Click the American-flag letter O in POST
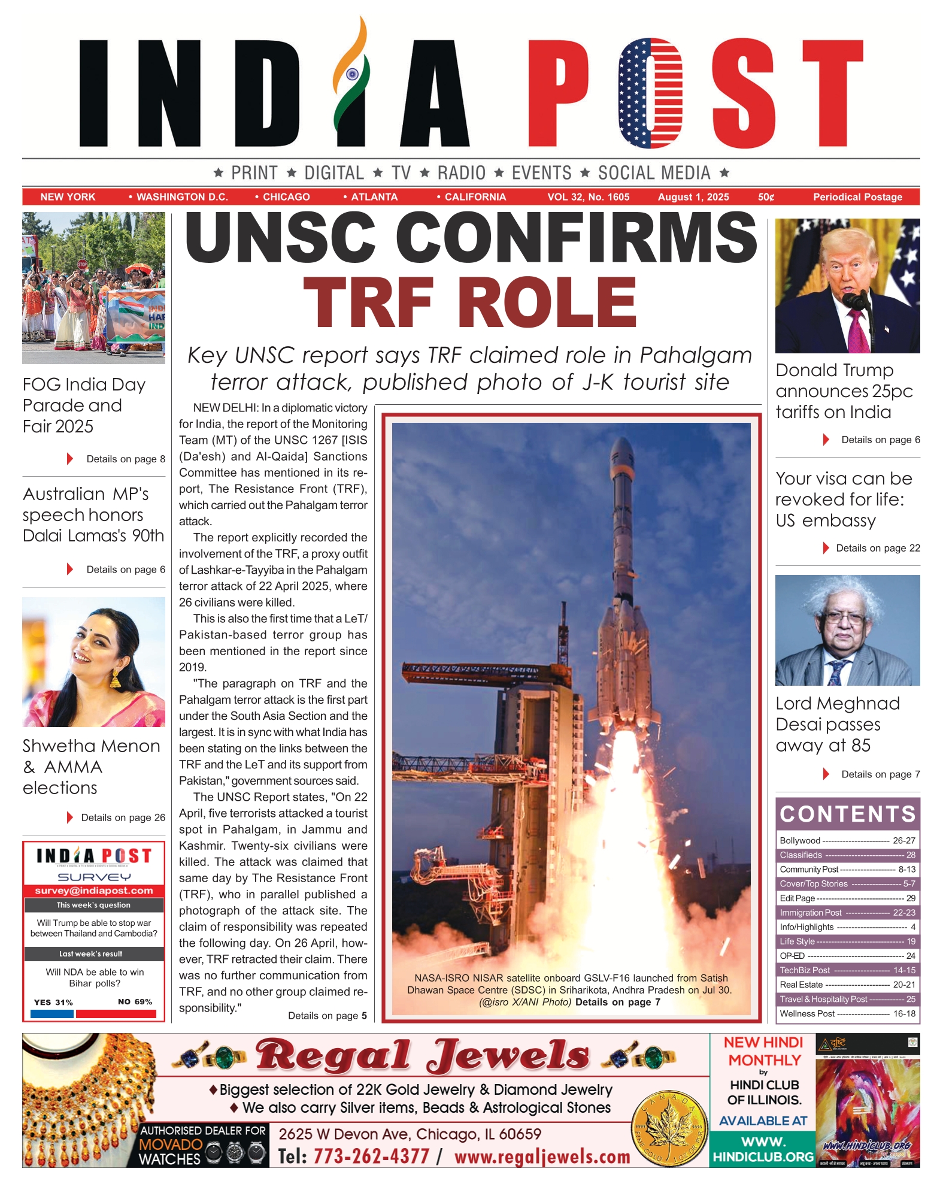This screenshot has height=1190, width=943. click(x=651, y=93)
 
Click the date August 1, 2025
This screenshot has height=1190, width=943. click(x=693, y=197)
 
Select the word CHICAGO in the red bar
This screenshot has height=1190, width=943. click(x=286, y=197)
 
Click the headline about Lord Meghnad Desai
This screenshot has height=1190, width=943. click(x=837, y=724)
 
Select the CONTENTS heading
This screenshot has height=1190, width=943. click(x=847, y=814)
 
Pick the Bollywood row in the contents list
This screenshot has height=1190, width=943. click(x=847, y=841)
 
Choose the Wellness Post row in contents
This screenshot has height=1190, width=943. click(x=847, y=1014)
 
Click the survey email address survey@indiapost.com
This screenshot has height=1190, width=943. click(x=94, y=891)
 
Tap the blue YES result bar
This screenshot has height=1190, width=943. click(x=51, y=1014)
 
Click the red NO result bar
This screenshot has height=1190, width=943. click(x=116, y=1014)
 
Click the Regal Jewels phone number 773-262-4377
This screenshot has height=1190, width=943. click(x=371, y=1156)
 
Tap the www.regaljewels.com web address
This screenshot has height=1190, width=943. click(x=542, y=1156)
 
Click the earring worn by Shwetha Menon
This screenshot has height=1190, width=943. click(x=116, y=678)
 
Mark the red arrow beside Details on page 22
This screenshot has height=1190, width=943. click(x=826, y=548)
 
